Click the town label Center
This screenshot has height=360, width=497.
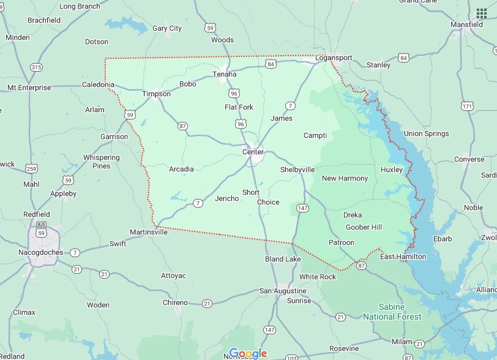click(x=253, y=152)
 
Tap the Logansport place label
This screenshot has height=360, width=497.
click(x=334, y=58)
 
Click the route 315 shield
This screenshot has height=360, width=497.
click(x=37, y=67)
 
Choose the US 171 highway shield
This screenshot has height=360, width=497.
click(x=468, y=107)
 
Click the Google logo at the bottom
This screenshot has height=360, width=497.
click(x=248, y=353)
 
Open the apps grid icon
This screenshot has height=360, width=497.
click(x=482, y=13)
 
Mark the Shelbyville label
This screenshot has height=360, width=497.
click(x=297, y=170)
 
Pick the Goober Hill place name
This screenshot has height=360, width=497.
click(x=364, y=227)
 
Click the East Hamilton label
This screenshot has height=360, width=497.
click(x=403, y=257)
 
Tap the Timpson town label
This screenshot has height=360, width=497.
click(x=156, y=94)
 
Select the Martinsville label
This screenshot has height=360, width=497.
click(x=148, y=232)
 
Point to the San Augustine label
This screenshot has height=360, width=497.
click(x=283, y=290)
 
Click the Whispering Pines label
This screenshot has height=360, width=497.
click(x=101, y=162)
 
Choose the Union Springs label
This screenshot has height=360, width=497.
click(x=426, y=133)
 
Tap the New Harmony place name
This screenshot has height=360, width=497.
click(x=345, y=178)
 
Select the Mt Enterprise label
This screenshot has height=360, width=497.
click(x=29, y=88)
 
